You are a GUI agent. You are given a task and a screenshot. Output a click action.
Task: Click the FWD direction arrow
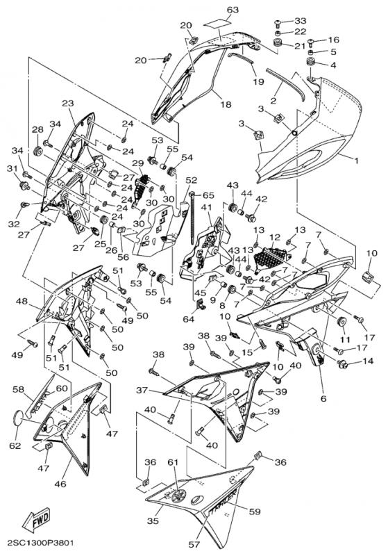pyautogui.click(x=36, y=518)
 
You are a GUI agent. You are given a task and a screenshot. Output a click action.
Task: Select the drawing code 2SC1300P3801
pyautogui.click(x=38, y=543)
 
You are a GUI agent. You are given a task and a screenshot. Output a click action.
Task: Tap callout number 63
pyautogui.click(x=233, y=10)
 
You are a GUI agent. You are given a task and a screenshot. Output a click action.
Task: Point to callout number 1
pyautogui.click(x=357, y=161)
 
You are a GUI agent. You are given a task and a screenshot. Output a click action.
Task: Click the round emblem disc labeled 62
pyautogui.click(x=18, y=418)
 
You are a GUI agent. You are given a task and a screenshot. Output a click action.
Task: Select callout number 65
pyautogui.click(x=209, y=195)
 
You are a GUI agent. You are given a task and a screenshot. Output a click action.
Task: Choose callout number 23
pyautogui.click(x=67, y=103)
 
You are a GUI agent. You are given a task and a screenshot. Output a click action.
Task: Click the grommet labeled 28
pyautogui.click(x=37, y=151)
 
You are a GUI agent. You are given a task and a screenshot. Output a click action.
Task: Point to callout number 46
pyautogui.click(x=60, y=483)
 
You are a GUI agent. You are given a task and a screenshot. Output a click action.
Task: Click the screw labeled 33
pyautogui.click(x=278, y=24)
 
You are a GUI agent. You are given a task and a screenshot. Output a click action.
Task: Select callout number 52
pyautogui.click(x=191, y=180)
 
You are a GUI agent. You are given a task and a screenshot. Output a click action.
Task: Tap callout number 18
pyautogui.click(x=226, y=104)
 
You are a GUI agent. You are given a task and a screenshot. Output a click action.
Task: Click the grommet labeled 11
pyautogui.click(x=342, y=321)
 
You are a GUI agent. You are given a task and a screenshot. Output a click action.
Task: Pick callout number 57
pyautogui.click(x=194, y=544)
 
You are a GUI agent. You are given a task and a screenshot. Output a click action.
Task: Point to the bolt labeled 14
pyautogui.click(x=343, y=363)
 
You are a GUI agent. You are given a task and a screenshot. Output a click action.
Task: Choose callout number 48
pyautogui.click(x=22, y=301)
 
